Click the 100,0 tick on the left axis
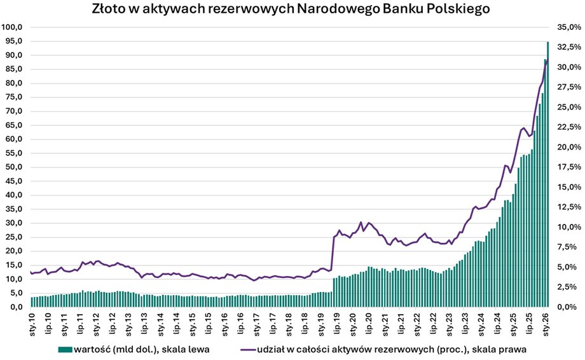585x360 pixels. click(13, 27)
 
